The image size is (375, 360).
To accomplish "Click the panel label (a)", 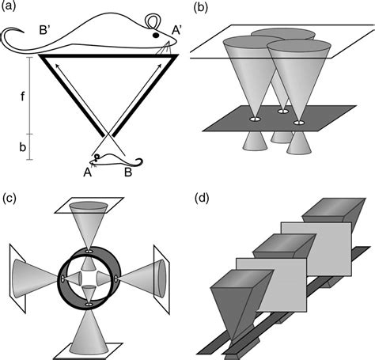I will click(10, 7).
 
